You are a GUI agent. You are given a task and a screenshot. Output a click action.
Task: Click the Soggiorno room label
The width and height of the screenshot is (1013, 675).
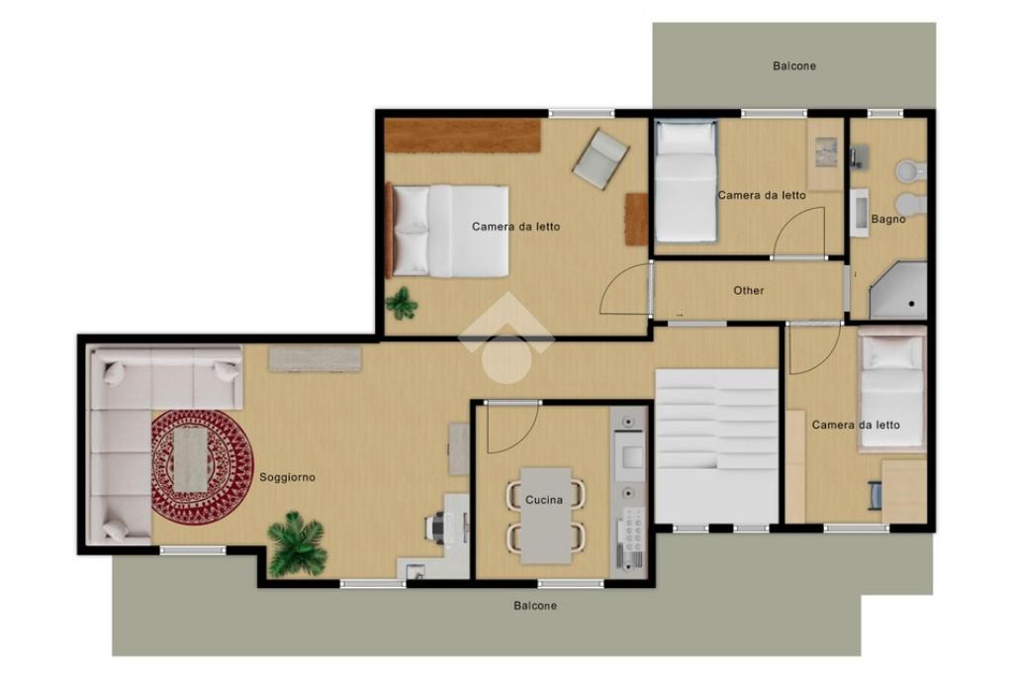click(x=288, y=478)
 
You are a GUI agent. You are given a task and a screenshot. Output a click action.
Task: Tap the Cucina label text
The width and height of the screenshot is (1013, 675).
click(x=544, y=500)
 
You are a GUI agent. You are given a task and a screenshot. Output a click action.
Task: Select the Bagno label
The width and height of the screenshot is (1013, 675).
click(x=888, y=219)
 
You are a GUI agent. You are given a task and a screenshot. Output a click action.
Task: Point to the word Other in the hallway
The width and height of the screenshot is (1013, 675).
click(x=749, y=291)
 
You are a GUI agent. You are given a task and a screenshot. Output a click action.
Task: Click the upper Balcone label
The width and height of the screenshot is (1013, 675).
click(x=794, y=66)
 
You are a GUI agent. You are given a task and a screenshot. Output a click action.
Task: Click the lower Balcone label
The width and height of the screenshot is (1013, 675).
click(x=535, y=606)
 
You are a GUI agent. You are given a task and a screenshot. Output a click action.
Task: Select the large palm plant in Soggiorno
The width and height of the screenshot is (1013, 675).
click(x=297, y=543)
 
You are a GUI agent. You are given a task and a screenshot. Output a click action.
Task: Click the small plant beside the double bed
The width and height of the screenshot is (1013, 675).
click(x=402, y=303)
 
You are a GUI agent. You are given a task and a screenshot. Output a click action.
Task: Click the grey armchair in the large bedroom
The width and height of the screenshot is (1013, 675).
click(x=600, y=158)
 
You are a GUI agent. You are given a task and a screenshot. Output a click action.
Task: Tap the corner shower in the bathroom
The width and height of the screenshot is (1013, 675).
click(x=898, y=291)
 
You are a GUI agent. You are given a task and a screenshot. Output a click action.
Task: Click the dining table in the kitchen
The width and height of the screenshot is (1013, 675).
click(x=546, y=516)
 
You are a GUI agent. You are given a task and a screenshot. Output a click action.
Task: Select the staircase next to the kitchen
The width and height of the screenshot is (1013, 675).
click(x=716, y=445)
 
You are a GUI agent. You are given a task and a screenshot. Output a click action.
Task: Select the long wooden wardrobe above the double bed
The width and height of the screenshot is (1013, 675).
click(x=463, y=136)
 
